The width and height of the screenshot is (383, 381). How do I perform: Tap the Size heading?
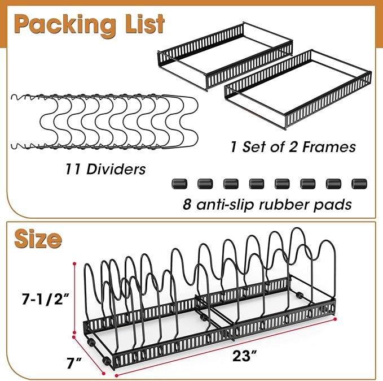[x=38, y=239]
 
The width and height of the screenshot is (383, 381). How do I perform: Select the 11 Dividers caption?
[x=105, y=169]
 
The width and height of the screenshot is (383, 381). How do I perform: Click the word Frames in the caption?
[x=329, y=147]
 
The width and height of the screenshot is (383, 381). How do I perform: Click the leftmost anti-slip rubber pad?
[x=179, y=184]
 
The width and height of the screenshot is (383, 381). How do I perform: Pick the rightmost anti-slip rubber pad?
[x=359, y=184]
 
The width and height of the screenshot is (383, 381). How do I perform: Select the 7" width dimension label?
[x=74, y=363]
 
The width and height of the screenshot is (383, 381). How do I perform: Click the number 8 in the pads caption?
[x=187, y=204]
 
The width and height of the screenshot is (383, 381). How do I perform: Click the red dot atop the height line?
[x=75, y=264]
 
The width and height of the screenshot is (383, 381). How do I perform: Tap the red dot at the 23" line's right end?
[x=335, y=319]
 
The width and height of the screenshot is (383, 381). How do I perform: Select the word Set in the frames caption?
[x=252, y=147]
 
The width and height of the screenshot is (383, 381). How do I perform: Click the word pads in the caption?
[x=332, y=204]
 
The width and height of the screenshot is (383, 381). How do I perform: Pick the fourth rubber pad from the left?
[x=257, y=184]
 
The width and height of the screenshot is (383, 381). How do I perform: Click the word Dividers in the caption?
[x=116, y=169]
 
